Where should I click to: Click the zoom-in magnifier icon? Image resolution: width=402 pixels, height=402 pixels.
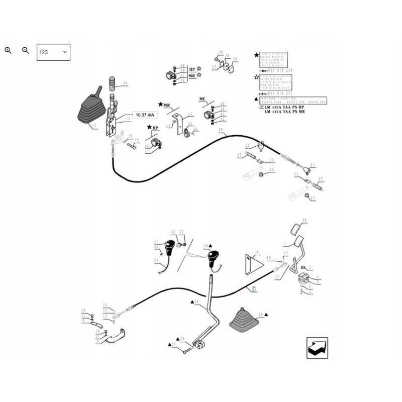click(8, 50)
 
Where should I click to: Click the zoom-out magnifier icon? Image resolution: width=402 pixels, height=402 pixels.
click(26, 50)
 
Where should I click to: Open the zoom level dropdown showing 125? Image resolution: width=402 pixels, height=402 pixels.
click(53, 52)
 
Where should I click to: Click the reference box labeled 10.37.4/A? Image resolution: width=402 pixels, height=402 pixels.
click(145, 115)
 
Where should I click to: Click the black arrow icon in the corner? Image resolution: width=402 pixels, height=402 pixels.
click(317, 348)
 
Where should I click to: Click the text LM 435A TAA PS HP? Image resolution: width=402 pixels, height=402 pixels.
click(284, 108)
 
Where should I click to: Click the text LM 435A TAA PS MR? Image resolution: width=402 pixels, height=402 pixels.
click(284, 113)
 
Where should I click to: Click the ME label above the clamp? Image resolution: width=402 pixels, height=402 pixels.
click(203, 98)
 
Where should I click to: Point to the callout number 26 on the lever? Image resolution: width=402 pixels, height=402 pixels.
click(196, 302)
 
